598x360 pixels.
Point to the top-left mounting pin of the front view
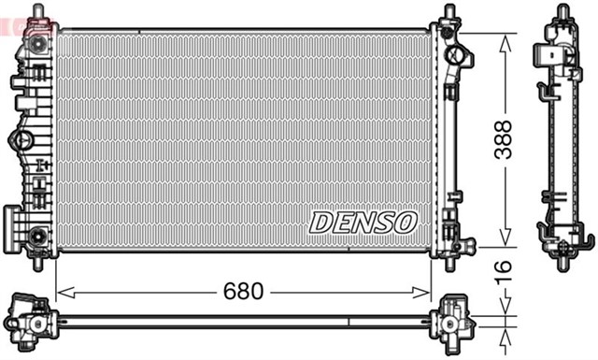coord(38,10)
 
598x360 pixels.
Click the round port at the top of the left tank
coord(37,44)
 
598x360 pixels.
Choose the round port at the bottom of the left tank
coord(37,236)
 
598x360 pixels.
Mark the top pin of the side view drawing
coord(563,11)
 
